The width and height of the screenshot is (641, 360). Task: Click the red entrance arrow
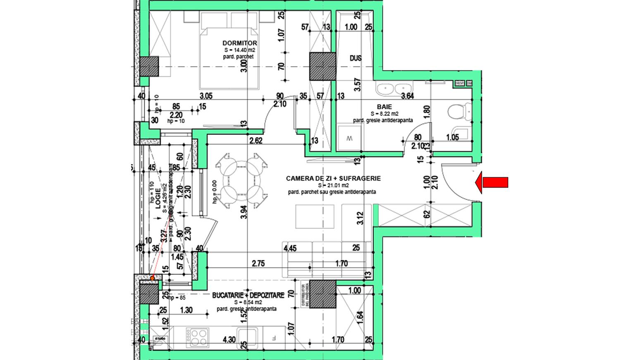[x=492, y=182]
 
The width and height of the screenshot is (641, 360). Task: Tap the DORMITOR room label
[x=239, y=43]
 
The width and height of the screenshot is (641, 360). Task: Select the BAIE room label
[x=384, y=107]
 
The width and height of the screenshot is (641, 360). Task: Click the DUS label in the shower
[x=356, y=58]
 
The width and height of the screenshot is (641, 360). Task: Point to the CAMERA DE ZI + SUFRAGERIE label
[x=333, y=179]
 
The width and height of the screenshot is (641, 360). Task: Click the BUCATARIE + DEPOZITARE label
[x=248, y=296]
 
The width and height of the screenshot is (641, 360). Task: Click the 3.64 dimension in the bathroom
[x=408, y=96]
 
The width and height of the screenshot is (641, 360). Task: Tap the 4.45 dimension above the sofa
[x=291, y=248]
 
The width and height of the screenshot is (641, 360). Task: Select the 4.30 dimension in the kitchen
[x=230, y=340]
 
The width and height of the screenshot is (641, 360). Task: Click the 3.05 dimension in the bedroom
[x=206, y=96]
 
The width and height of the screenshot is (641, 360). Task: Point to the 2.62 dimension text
[x=256, y=141]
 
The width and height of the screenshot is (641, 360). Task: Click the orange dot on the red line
[x=153, y=278]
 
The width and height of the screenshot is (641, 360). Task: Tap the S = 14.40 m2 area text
[x=239, y=50]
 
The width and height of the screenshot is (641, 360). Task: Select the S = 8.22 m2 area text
[x=384, y=114]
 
